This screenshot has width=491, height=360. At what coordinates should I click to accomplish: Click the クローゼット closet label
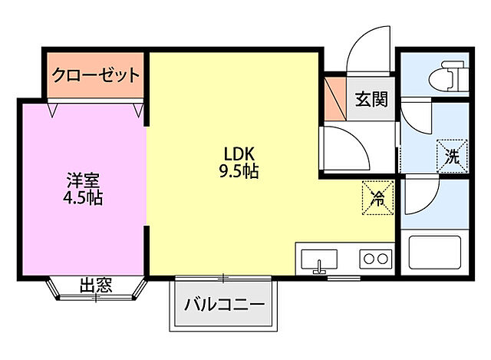pyautogui.click(x=96, y=75)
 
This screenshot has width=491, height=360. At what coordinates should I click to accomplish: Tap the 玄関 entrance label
pyautogui.click(x=371, y=100)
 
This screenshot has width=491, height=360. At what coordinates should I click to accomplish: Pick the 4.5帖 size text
pyautogui.click(x=83, y=199)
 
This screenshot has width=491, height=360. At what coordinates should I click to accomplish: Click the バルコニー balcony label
pyautogui.click(x=225, y=304)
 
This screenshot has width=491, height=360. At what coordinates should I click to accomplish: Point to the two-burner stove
pyautogui.click(x=375, y=259)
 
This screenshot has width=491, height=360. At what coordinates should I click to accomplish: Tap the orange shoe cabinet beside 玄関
pyautogui.click(x=333, y=99)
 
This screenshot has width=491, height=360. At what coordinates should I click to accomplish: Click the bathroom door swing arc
pyautogui.click(x=419, y=197)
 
